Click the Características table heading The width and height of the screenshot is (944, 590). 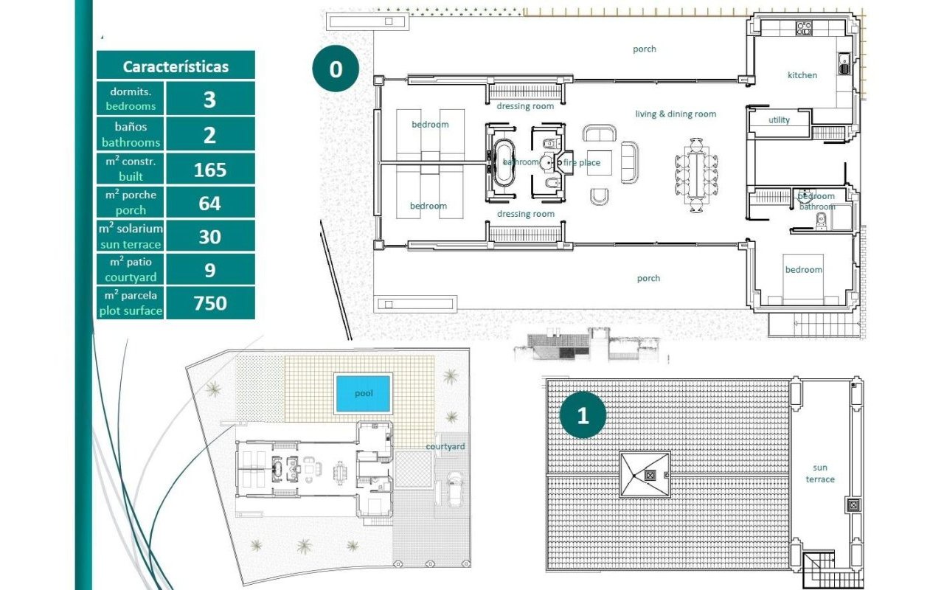coord(176,66)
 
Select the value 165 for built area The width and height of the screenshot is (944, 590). coord(210,170)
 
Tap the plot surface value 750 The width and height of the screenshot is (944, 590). coord(210,303)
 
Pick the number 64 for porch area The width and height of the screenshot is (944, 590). coord(209,203)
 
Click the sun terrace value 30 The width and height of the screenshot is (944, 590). coord(209,237)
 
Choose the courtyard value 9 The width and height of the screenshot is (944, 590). coord(210,270)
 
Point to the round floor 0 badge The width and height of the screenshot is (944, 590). coord(336,69)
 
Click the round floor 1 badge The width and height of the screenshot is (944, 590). coord(583,415)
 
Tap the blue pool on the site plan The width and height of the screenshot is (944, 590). coord(363,394)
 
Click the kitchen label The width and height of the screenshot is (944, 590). coord(802,75)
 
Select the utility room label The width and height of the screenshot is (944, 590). coord(779,119)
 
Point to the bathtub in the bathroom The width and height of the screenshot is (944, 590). coord(503,162)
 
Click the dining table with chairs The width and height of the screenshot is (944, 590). coord(696,175)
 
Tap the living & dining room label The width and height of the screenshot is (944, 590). coord(676,114)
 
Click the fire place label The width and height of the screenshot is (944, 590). coord(582,162)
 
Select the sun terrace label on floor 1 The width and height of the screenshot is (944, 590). coord(819,473)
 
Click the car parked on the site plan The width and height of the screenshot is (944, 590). coord(454,489)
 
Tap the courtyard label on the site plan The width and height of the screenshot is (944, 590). coord(445,446)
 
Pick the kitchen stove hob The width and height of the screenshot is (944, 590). coord(804,28)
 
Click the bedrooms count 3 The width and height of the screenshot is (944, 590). coord(209,100)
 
